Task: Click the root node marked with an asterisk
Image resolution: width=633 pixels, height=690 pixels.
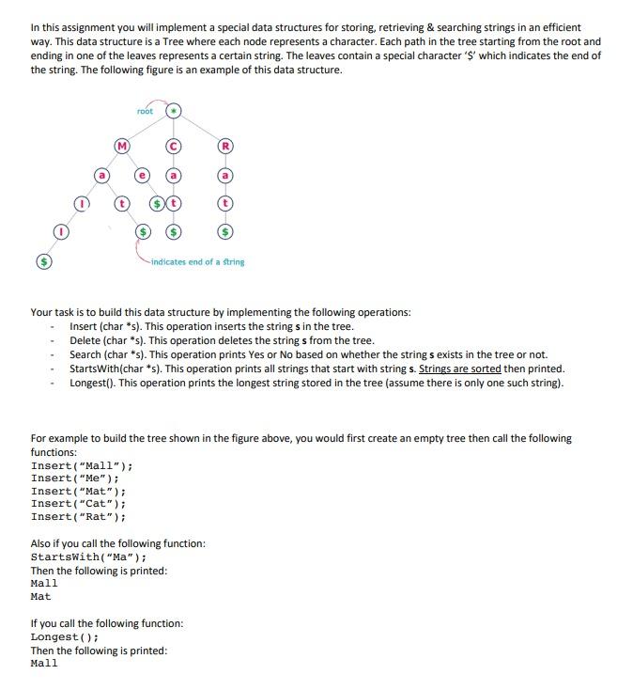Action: (174, 112)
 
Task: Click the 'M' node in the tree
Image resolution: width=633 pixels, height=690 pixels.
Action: (120, 146)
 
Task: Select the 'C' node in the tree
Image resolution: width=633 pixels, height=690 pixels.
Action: (174, 146)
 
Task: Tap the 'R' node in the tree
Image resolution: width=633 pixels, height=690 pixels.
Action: (224, 146)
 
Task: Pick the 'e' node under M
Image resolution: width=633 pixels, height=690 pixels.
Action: (143, 176)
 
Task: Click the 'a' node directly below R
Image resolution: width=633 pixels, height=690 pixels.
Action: (224, 176)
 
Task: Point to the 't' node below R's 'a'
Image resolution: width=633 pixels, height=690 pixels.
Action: (224, 203)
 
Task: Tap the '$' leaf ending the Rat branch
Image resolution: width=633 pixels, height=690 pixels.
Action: (224, 231)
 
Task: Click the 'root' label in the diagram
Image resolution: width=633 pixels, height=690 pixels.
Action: (144, 112)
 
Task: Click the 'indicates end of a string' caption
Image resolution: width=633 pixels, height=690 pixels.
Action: (197, 261)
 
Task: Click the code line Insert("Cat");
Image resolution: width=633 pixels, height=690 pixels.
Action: (78, 504)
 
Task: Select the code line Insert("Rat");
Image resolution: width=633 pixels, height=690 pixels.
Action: (78, 516)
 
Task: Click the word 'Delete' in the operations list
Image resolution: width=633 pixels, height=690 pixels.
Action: (85, 340)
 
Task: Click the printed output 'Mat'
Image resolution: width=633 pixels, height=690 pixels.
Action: (41, 596)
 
